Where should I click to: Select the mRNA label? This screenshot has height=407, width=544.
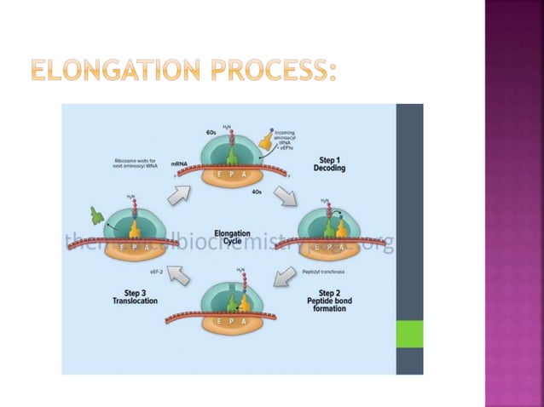[179, 162]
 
